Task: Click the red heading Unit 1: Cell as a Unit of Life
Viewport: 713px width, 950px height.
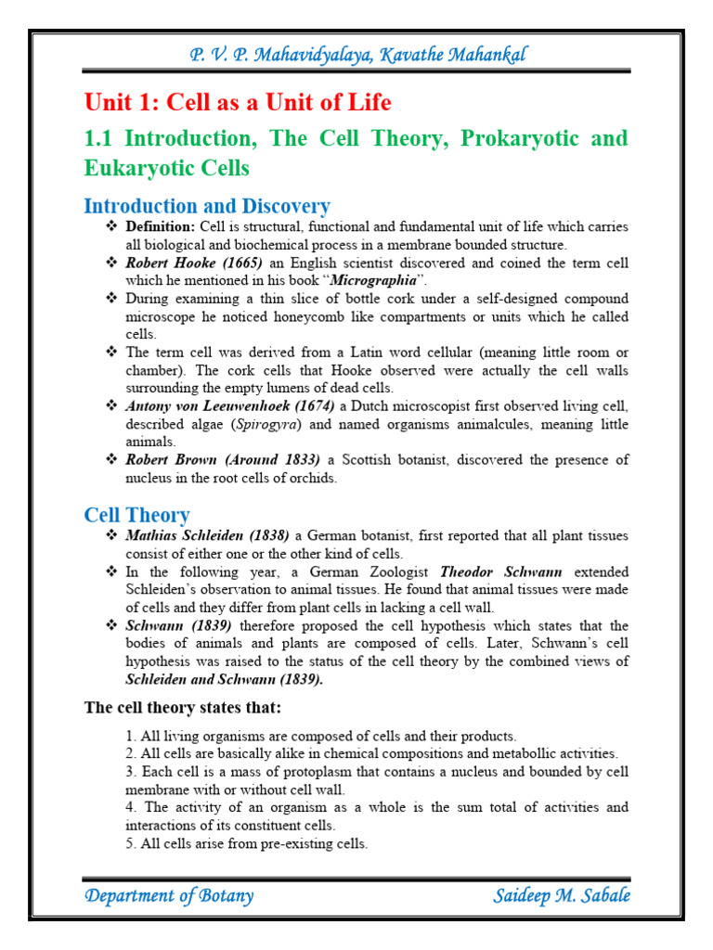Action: pos(238,102)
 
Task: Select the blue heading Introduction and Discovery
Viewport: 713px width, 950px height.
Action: pos(207,206)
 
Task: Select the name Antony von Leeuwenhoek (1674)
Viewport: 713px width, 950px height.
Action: pos(231,406)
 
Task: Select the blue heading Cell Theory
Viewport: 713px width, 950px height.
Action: pos(137,515)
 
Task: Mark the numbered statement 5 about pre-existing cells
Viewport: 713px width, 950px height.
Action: pos(247,843)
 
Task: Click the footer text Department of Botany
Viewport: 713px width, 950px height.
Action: pos(169,896)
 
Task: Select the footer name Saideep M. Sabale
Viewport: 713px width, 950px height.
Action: pos(563,896)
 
